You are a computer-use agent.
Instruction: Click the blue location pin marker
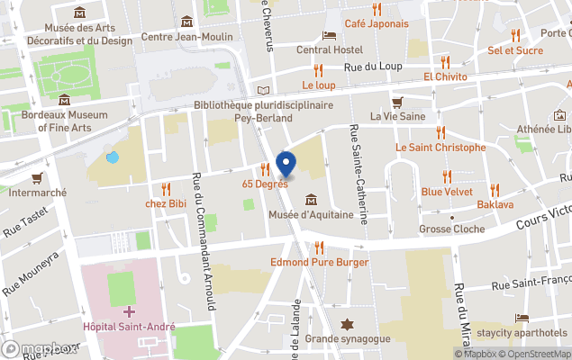coord(286,165)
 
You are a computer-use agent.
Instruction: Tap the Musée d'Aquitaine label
coord(311,215)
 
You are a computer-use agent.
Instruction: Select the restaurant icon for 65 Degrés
coord(265,168)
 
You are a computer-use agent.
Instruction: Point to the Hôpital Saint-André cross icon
coord(129,311)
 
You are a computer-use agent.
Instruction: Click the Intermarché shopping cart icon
coord(37,177)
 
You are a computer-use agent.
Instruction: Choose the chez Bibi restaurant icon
coord(166,188)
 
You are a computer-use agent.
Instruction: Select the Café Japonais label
coord(377,23)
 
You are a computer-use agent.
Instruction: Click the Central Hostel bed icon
coord(330,35)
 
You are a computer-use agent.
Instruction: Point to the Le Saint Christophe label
coord(434,147)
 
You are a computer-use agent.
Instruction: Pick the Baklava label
coord(495,205)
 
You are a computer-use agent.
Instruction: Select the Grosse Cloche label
coord(451,229)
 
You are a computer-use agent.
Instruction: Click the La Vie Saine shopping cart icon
coord(396,102)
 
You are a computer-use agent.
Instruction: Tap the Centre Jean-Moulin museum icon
coord(186,22)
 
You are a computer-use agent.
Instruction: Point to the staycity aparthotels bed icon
coord(522,318)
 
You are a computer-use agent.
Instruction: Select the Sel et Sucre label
coord(515,50)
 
